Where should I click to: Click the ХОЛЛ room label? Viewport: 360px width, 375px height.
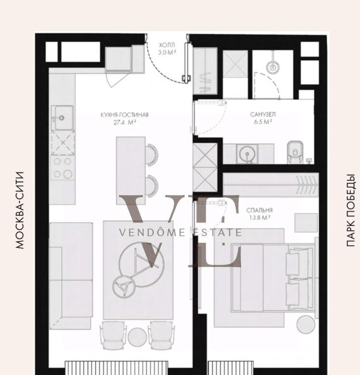(167, 45)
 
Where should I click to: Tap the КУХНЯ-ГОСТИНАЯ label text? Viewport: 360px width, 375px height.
(125, 115)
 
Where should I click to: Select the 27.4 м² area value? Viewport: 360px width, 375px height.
(125, 123)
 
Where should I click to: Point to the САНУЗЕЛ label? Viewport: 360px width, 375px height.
(263, 114)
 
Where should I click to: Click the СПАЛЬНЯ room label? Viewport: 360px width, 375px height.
(259, 210)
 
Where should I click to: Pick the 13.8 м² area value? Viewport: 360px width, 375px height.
(259, 218)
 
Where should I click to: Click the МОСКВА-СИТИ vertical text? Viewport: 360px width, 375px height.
(20, 210)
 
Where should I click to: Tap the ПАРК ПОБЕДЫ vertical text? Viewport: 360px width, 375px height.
(351, 211)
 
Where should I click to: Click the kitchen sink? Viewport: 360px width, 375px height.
(63, 118)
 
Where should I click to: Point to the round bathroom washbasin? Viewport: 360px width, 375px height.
(247, 154)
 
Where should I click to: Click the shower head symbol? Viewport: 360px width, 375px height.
(272, 68)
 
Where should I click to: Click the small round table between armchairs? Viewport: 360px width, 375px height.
(137, 337)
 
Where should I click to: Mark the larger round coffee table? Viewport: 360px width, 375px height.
(141, 264)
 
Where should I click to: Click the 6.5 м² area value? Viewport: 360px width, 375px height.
(263, 122)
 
